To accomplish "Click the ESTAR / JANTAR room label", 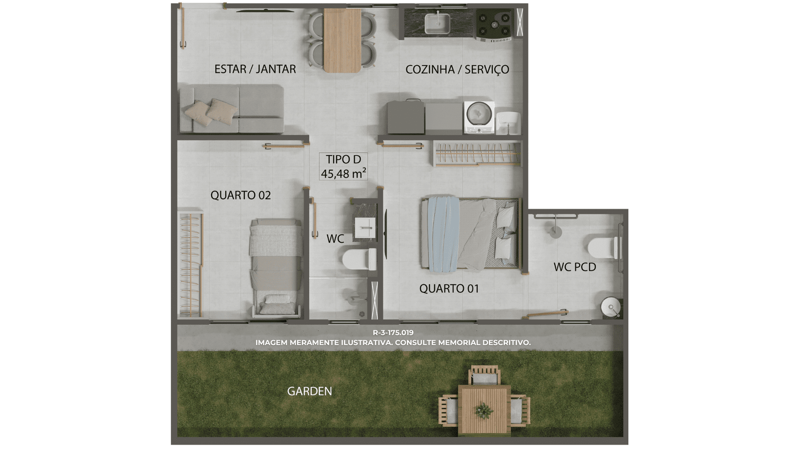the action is [x=255, y=69].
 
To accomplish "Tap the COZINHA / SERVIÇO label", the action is [x=457, y=69].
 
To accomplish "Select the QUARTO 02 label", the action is [x=240, y=195].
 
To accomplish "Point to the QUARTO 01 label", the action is [x=449, y=289].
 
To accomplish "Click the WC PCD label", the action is [x=575, y=267].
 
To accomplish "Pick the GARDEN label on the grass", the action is [x=309, y=391].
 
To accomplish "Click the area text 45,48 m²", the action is [x=343, y=174].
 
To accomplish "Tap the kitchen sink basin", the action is [x=437, y=23].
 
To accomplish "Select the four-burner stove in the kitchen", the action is [x=494, y=25].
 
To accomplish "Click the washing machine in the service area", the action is [x=479, y=117].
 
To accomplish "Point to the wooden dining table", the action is [x=343, y=40].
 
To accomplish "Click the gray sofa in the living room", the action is [x=232, y=109].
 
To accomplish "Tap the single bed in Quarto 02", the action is [x=276, y=268].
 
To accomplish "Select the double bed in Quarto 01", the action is [x=470, y=234].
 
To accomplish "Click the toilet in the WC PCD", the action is [x=604, y=247].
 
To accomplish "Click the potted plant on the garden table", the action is [x=484, y=411].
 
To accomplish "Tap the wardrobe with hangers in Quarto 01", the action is [x=477, y=154].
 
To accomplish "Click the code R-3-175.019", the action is [x=393, y=333].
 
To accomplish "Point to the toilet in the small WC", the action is [x=359, y=259].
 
